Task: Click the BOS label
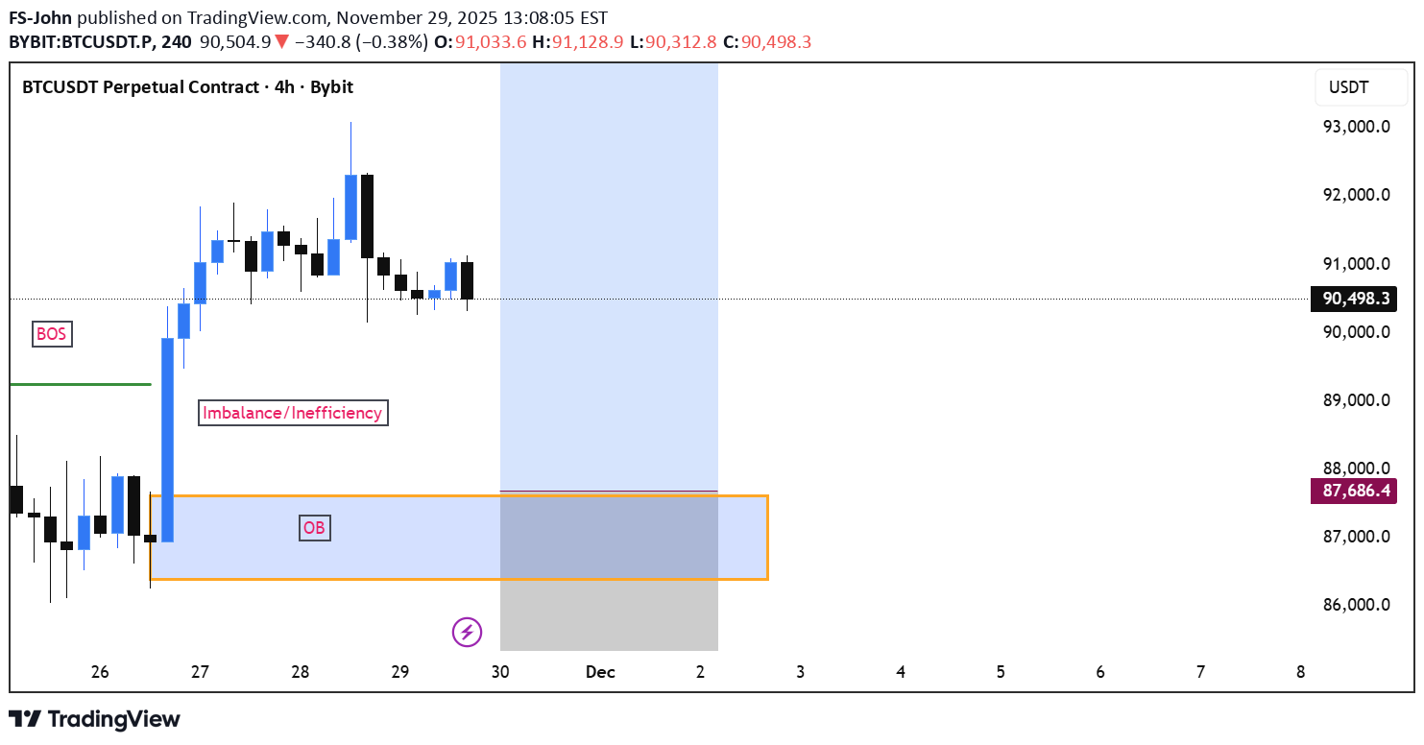[52, 334]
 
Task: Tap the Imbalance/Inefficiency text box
[293, 413]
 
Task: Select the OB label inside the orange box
[314, 527]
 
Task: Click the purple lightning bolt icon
[467, 632]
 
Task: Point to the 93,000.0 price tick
[1356, 126]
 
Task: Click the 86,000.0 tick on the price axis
[1356, 605]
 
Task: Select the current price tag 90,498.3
[1354, 299]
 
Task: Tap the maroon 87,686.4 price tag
[1354, 492]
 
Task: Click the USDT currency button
[1349, 88]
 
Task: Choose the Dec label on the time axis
[600, 672]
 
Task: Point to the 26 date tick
[100, 672]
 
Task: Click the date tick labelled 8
[1300, 672]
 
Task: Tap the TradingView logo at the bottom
[94, 719]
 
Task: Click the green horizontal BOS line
[81, 384]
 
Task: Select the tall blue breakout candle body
[167, 440]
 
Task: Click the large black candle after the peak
[367, 216]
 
